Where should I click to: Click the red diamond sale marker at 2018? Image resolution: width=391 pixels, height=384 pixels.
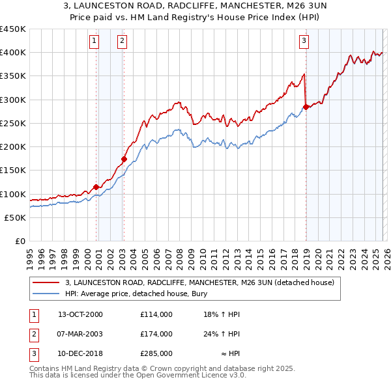(x=305, y=107)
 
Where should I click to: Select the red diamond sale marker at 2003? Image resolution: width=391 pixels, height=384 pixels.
(x=124, y=159)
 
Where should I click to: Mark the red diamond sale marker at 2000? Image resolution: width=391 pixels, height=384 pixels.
(x=96, y=187)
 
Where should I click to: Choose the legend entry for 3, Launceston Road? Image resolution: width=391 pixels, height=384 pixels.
(x=199, y=282)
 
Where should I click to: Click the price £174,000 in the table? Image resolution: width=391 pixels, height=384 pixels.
(x=156, y=334)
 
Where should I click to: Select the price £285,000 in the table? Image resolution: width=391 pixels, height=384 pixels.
(x=156, y=353)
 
